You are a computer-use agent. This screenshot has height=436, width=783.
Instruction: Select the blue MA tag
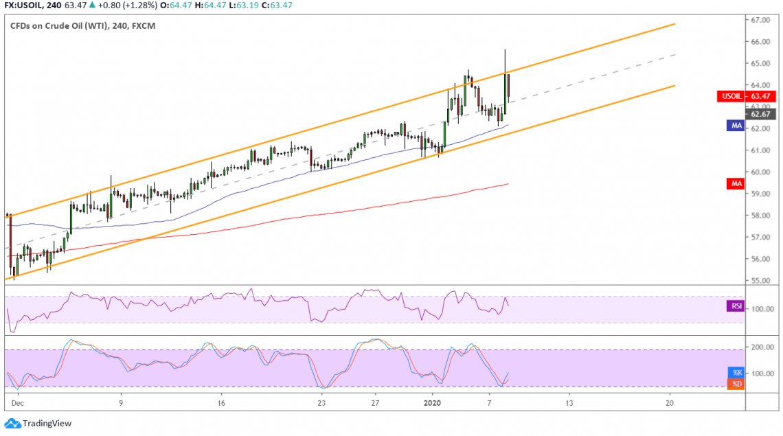click(736, 126)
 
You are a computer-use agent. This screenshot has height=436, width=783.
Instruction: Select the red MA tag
click(736, 183)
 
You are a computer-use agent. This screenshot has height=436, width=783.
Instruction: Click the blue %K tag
click(736, 372)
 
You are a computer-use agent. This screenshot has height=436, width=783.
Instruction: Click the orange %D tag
click(736, 383)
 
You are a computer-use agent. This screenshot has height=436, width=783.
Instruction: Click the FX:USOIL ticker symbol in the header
click(25, 6)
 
